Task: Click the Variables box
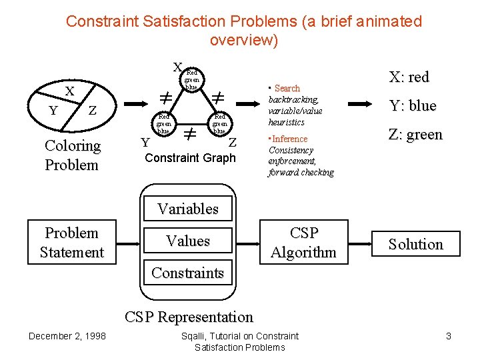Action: (x=188, y=209)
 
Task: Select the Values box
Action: (x=188, y=241)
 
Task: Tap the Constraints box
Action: (x=188, y=273)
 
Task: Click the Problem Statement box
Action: (x=71, y=242)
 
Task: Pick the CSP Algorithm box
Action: (x=304, y=243)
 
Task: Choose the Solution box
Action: (x=416, y=244)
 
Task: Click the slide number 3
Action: (x=449, y=337)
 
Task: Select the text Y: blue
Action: (x=412, y=106)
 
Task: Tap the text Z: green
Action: (x=415, y=135)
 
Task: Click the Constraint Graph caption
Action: (x=190, y=158)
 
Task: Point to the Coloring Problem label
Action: (x=72, y=155)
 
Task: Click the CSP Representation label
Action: (x=189, y=317)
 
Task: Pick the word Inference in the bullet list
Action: (x=289, y=139)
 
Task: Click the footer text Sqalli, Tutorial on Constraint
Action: (x=240, y=336)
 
